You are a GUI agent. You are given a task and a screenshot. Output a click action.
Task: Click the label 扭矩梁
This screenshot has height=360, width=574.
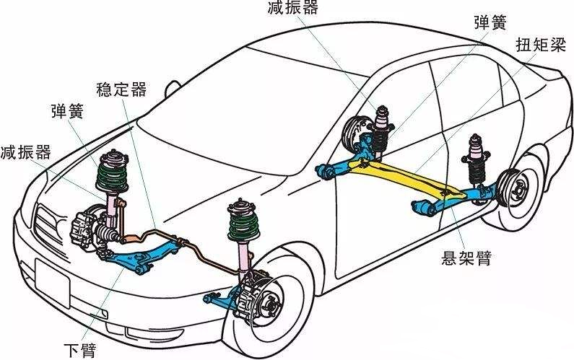541,45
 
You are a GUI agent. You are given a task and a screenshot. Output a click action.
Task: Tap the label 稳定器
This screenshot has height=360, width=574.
121,89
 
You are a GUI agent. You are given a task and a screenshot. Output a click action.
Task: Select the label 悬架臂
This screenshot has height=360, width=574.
466,257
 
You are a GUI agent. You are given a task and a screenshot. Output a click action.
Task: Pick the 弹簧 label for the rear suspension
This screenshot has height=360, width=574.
496,20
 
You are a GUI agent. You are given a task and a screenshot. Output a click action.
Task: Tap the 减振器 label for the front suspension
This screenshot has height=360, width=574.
25,152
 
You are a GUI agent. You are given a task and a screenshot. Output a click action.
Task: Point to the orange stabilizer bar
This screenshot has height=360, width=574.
170,236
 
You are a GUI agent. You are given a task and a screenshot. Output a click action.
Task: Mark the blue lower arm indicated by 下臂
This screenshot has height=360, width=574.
141,256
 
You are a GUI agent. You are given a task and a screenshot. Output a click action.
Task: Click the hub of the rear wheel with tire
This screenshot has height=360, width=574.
518,191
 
